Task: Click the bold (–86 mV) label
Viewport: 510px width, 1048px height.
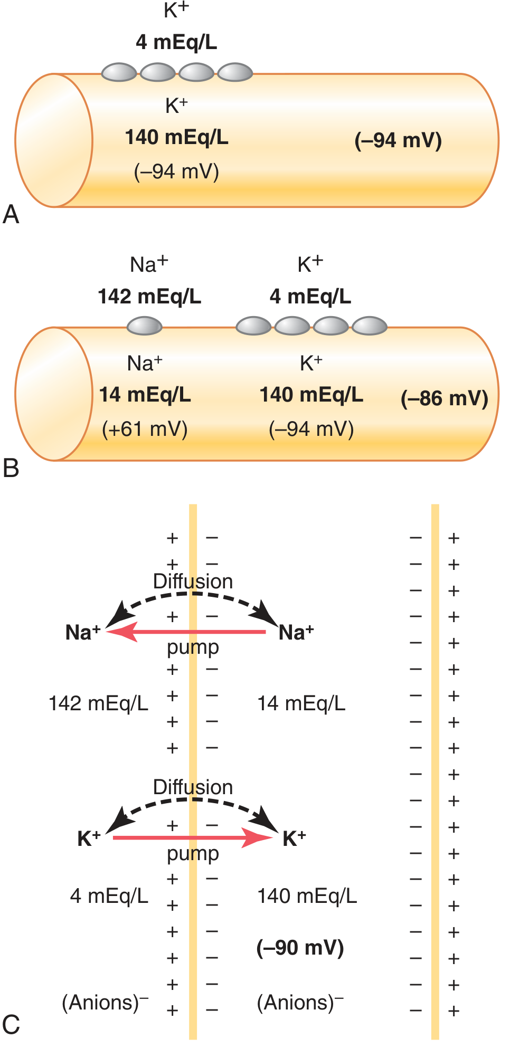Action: tap(445, 398)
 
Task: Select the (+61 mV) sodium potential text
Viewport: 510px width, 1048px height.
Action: tap(145, 429)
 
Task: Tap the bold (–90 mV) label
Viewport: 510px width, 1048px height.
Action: tap(300, 948)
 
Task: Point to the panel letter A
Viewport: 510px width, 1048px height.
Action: tap(11, 215)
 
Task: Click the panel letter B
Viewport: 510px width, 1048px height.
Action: tap(11, 469)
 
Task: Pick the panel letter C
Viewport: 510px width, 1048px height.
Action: tap(11, 1025)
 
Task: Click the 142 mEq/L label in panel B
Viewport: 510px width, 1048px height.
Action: tap(149, 297)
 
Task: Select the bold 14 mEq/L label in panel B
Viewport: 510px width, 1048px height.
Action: tap(145, 395)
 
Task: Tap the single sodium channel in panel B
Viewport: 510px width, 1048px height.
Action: tap(144, 326)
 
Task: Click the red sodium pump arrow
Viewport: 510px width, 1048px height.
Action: tap(186, 632)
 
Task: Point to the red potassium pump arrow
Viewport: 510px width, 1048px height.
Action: tap(193, 837)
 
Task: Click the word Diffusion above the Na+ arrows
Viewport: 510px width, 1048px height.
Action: tap(193, 582)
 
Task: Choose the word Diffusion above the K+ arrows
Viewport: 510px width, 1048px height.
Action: tap(193, 787)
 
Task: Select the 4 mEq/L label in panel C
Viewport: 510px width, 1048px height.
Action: tap(109, 896)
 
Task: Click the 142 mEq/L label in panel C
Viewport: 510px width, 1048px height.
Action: tap(99, 703)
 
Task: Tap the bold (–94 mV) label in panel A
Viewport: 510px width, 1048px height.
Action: tap(398, 140)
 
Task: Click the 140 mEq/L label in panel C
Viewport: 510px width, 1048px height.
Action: tap(307, 896)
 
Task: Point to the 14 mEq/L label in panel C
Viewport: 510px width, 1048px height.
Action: tap(301, 703)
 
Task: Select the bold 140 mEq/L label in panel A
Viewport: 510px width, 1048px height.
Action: tap(177, 137)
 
